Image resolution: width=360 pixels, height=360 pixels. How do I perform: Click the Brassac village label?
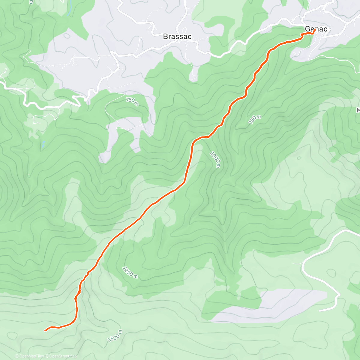tap(177, 37)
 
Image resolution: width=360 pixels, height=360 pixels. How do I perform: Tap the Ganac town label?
tap(316, 29)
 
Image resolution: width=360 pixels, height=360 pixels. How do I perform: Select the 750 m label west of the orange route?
tap(132, 102)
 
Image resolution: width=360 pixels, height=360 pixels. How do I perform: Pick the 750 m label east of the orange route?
tap(255, 120)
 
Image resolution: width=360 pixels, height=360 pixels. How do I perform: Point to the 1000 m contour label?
tap(215, 160)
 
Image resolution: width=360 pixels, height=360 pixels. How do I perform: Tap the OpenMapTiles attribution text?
tap(31, 356)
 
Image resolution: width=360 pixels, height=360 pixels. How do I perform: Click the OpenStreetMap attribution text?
tap(63, 356)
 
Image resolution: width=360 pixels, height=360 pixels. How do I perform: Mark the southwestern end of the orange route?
tap(45, 331)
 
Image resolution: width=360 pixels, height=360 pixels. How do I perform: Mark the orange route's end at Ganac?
tap(314, 30)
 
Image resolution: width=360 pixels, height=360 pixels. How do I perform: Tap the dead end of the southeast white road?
tap(320, 310)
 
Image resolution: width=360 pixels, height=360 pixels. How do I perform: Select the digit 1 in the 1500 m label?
tap(109, 340)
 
